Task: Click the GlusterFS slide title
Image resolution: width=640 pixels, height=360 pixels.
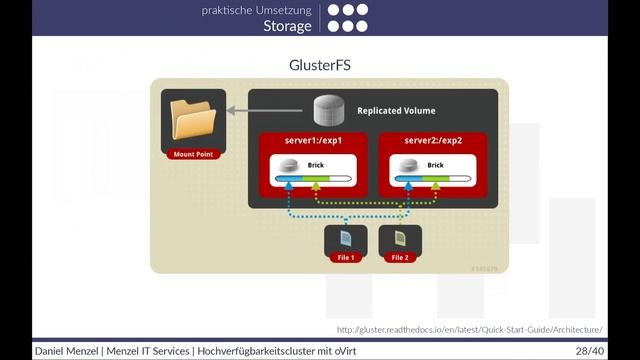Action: tap(320, 65)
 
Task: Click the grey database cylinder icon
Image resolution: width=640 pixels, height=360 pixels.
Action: tap(328, 108)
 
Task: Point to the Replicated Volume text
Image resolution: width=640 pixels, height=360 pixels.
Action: tap(396, 110)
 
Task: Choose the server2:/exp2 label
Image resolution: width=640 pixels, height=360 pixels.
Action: tap(435, 141)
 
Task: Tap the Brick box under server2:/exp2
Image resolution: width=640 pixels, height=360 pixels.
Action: tap(435, 172)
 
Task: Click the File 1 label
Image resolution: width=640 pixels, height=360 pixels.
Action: tap(345, 258)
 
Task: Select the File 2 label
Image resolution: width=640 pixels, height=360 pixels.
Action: tap(400, 258)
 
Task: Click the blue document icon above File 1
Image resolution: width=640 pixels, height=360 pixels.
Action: tap(345, 239)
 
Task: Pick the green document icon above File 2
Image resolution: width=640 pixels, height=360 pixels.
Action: tap(400, 239)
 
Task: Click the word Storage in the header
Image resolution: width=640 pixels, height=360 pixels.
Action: tap(288, 26)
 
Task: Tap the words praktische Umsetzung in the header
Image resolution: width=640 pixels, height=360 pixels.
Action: tap(257, 9)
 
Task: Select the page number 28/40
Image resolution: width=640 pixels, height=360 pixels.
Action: tap(589, 352)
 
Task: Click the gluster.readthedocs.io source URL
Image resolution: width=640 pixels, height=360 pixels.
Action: tap(469, 329)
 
